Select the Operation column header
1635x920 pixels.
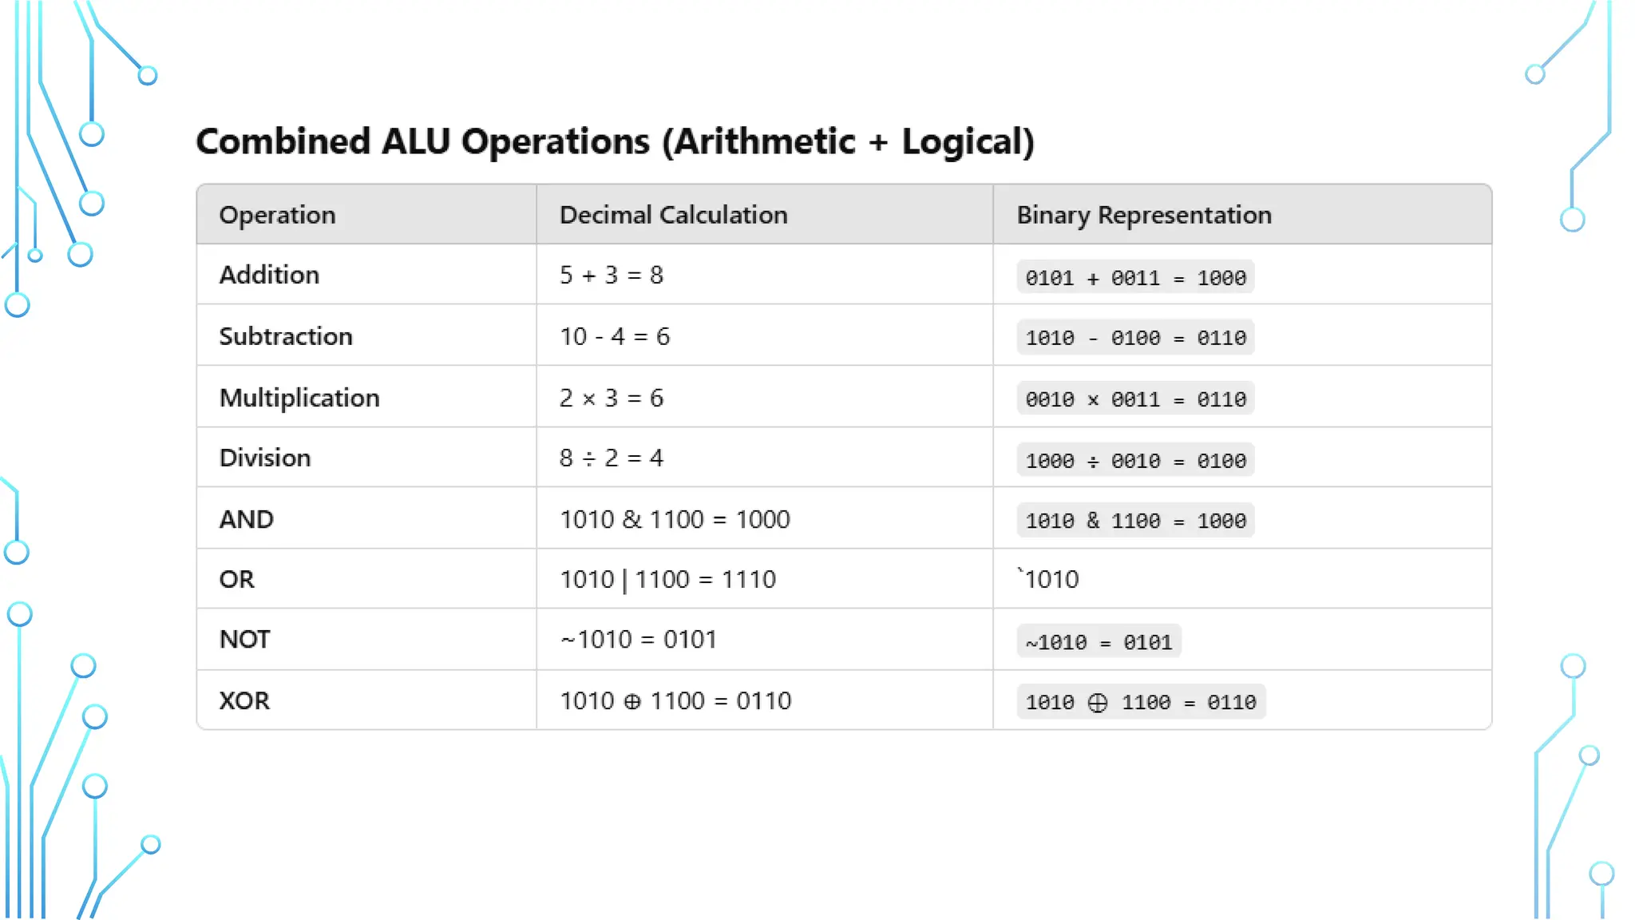[277, 215]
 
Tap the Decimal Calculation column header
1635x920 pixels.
[673, 215]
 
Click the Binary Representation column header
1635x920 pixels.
[1143, 215]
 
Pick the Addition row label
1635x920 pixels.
[269, 275]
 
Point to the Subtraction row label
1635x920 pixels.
[285, 336]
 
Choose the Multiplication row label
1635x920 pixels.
[299, 398]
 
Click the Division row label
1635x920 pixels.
[264, 458]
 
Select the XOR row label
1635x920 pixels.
[244, 700]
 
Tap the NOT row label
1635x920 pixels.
[244, 639]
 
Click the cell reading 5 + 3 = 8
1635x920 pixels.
[611, 275]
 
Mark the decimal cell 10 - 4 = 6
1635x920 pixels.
[614, 336]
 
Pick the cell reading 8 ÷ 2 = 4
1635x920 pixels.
[611, 458]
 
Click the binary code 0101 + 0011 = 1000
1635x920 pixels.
[1135, 278]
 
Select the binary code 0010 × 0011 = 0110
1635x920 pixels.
[1135, 399]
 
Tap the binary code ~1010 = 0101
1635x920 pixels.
[1099, 642]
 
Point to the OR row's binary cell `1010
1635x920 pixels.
[1049, 579]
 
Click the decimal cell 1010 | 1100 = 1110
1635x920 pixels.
[667, 579]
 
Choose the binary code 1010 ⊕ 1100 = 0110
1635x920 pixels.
[1140, 703]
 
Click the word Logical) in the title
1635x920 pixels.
[968, 142]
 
